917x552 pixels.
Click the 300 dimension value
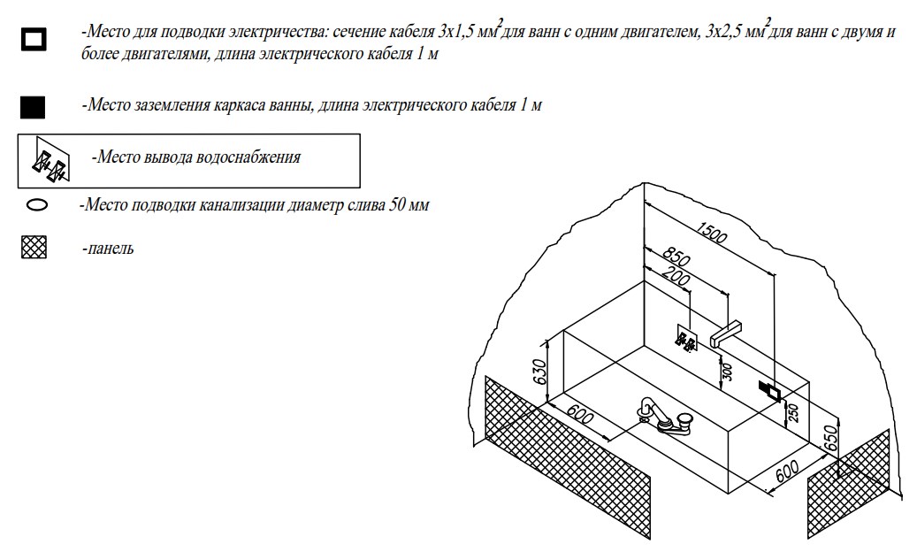coord(727,369)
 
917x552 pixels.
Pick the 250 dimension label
coord(793,411)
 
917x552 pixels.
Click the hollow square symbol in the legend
coord(34,40)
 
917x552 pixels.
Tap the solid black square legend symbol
coord(33,108)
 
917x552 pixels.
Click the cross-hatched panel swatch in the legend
coord(34,248)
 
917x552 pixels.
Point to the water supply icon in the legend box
coord(50,161)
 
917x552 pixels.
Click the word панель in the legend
coord(111,249)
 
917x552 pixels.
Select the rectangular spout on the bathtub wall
coord(723,333)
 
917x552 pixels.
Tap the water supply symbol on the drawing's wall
coord(687,339)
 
